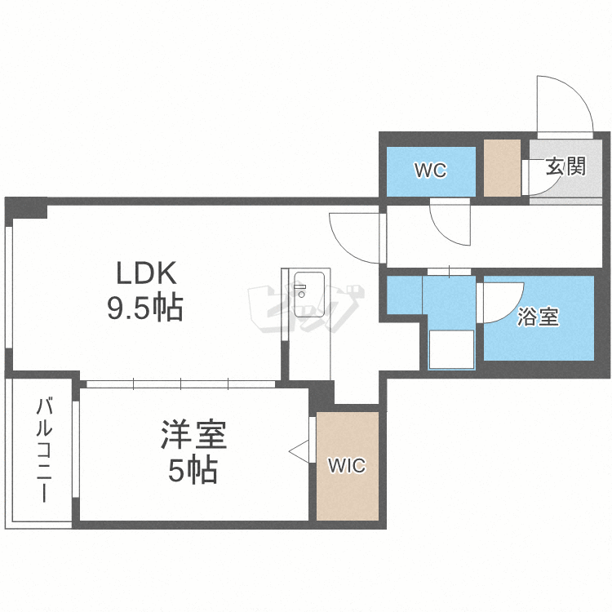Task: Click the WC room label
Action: point(430,171)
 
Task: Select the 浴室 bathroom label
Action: point(539,317)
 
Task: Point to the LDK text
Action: point(145,272)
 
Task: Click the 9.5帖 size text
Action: point(145,308)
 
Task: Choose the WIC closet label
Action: point(347,466)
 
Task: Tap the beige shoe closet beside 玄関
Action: point(502,168)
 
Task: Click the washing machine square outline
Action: point(450,349)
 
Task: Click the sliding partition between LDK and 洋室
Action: point(181,381)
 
